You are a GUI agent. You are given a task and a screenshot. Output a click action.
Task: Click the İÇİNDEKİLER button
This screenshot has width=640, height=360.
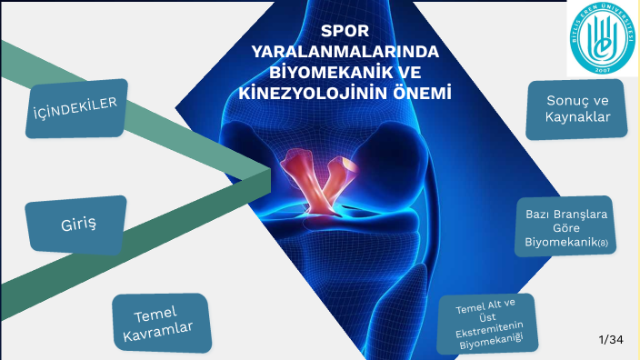click(x=76, y=108)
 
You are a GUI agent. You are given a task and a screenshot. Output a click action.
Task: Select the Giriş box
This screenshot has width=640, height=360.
click(x=76, y=225)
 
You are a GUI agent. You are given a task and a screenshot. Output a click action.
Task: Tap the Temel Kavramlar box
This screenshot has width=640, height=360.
click(x=162, y=324)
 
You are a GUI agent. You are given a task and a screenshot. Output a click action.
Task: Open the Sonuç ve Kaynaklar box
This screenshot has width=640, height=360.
click(x=576, y=109)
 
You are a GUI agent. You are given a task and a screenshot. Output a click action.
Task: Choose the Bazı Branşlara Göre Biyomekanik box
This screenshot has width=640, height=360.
click(x=565, y=226)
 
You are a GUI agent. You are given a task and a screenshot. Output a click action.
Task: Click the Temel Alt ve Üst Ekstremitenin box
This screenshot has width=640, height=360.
click(x=487, y=324)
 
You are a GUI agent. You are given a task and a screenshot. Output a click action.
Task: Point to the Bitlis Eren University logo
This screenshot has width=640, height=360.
click(x=603, y=38)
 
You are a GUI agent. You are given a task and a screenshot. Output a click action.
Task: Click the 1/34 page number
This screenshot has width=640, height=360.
click(x=611, y=340)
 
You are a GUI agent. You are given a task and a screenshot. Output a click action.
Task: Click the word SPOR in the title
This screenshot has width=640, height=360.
click(x=345, y=31)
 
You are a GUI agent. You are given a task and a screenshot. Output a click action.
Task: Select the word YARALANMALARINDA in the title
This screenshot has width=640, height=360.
click(x=345, y=52)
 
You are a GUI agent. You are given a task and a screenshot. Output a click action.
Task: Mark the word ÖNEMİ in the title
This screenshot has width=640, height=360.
click(x=422, y=92)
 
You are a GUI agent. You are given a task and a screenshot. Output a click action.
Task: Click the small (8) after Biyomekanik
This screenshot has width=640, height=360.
click(x=603, y=244)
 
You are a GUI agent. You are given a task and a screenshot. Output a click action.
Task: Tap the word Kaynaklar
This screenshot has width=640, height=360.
click(x=577, y=117)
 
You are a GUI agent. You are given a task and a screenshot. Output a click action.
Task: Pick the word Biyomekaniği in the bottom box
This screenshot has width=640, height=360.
click(x=491, y=341)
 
